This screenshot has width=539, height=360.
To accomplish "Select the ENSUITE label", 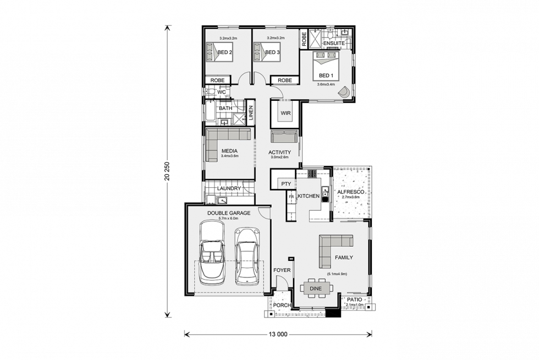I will pyautogui.click(x=334, y=43).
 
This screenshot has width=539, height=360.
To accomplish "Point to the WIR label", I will pyautogui.click(x=285, y=113).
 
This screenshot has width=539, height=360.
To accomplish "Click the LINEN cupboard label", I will pyautogui.click(x=251, y=113).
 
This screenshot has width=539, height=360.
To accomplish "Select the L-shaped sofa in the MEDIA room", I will pyautogui.click(x=220, y=142).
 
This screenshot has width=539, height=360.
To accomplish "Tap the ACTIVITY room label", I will pyautogui.click(x=279, y=152).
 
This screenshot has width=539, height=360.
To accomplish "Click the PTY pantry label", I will pyautogui.click(x=285, y=184).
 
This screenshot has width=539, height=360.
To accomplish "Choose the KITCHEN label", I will pyautogui.click(x=309, y=197).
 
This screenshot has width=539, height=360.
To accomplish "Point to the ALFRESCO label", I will pyautogui.click(x=351, y=192).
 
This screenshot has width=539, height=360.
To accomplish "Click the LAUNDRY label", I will pyautogui.click(x=229, y=189).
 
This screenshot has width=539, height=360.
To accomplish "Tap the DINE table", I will pyautogui.click(x=316, y=288).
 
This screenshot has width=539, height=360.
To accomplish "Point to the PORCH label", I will pyautogui.click(x=282, y=306).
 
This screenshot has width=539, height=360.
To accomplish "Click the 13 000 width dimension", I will pyautogui.click(x=278, y=334).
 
